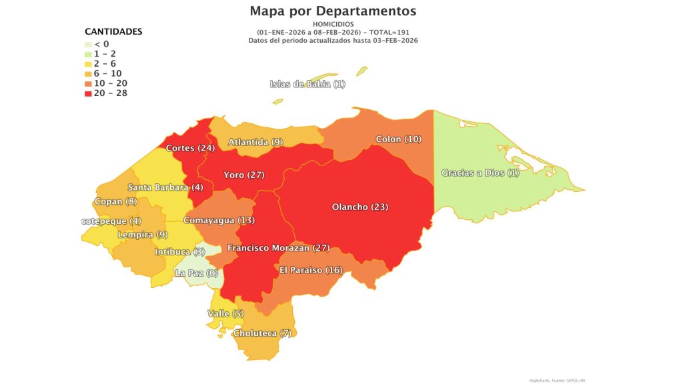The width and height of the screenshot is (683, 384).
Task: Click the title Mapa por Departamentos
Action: point(333,11)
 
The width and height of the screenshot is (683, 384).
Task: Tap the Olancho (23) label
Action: point(360,207)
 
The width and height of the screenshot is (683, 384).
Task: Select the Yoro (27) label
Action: point(244,175)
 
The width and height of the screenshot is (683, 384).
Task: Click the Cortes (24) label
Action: point(190,148)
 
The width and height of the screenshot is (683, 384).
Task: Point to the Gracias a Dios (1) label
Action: point(480,173)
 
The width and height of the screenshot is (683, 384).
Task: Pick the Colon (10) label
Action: point(399,139)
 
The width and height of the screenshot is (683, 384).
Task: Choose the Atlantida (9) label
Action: point(255,142)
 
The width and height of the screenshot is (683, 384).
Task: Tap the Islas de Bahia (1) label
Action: point(307,84)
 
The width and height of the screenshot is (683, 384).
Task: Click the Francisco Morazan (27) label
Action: point(278,248)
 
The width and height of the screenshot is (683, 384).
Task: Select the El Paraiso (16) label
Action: point(310,270)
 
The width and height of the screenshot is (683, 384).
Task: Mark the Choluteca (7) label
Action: point(262,333)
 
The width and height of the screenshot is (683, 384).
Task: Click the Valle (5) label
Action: point(226,313)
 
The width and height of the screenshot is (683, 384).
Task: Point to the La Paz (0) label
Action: point(196,273)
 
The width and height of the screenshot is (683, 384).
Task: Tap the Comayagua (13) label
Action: point(219,220)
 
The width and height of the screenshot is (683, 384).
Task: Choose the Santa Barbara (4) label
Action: point(165,187)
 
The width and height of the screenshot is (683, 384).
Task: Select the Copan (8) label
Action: point(115,201)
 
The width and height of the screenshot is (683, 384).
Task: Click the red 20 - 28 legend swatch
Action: point(89,93)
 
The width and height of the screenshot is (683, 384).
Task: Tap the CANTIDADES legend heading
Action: point(113,31)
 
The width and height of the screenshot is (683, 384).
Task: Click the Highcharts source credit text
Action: point(557,380)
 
